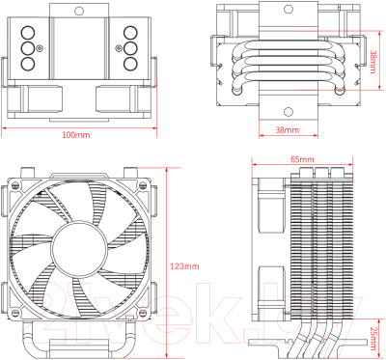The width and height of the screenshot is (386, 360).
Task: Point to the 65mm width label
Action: tap(301, 158)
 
